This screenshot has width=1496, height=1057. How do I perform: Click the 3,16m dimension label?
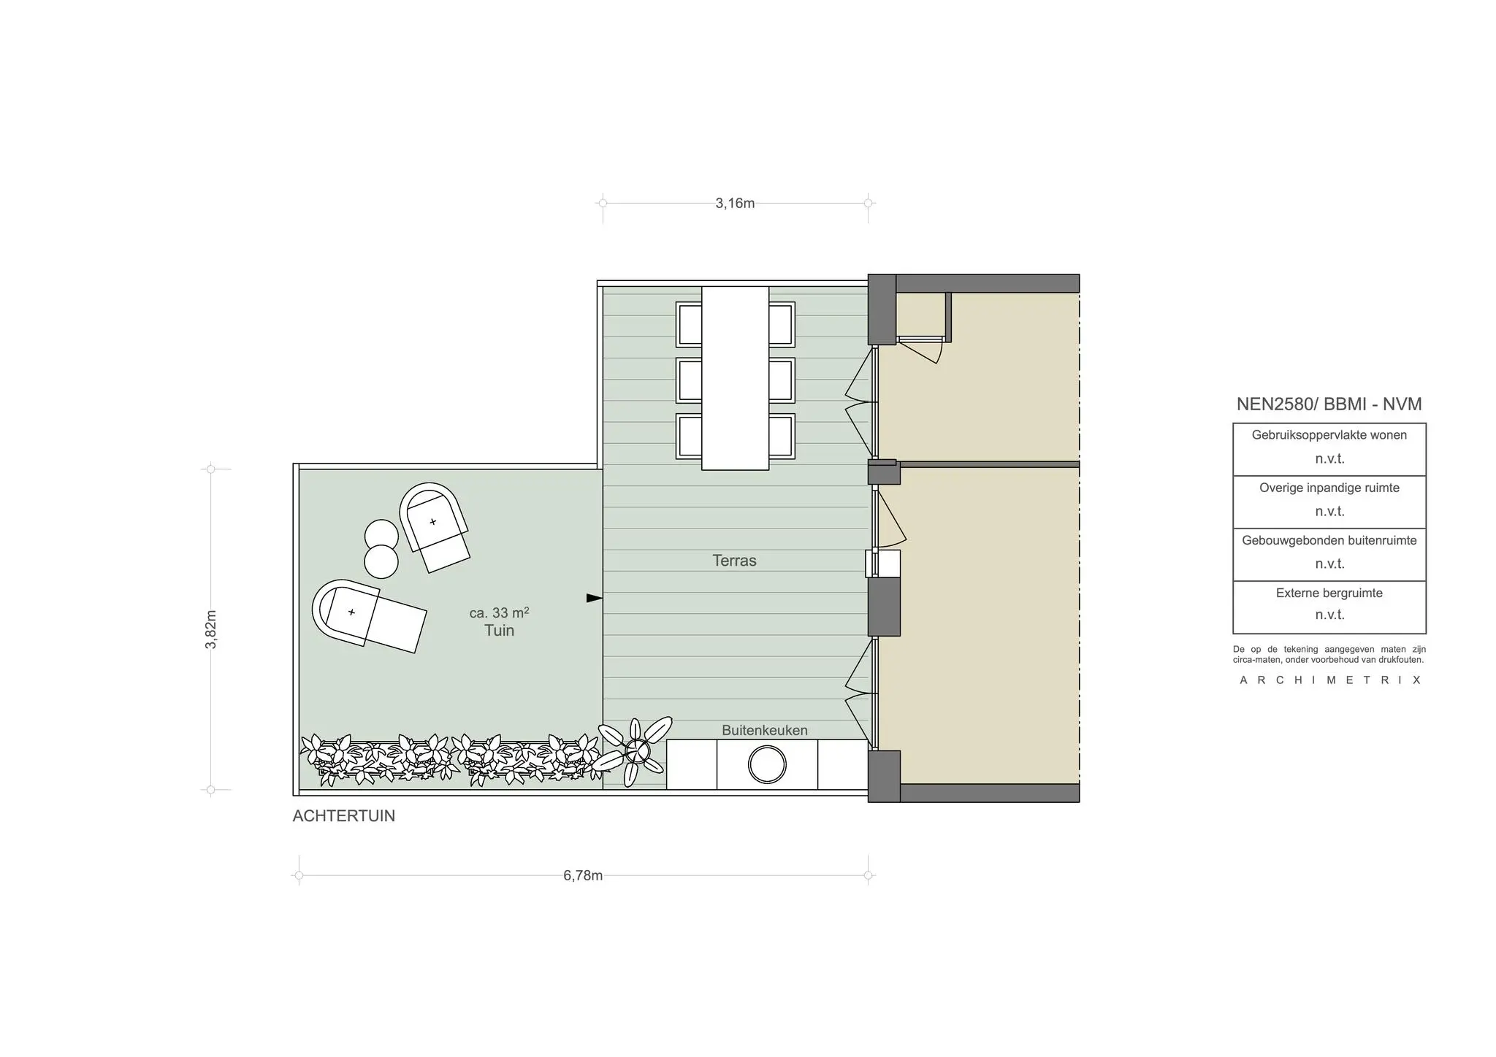coord(735,203)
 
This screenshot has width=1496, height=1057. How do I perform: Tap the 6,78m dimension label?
coord(583,875)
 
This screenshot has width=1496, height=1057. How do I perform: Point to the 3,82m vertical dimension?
coord(211,629)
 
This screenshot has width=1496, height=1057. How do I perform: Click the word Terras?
coord(734,561)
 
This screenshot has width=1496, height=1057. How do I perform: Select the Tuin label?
coord(499,631)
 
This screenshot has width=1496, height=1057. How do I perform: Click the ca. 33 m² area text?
coord(499,612)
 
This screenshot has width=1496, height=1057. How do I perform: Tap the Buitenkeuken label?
coord(765,730)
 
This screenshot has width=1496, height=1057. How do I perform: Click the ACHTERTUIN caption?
coord(343,816)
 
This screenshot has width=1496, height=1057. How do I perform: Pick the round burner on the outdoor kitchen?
coord(767,765)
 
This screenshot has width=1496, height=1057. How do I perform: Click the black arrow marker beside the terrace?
coord(595,599)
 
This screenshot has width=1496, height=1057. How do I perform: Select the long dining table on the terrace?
coord(735,378)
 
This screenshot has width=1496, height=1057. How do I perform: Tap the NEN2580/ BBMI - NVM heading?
coord(1329,404)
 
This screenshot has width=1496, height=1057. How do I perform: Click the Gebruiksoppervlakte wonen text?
coord(1329,435)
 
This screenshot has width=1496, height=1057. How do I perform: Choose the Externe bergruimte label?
coord(1329,593)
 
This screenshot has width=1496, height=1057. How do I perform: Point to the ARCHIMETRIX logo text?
coord(1329,680)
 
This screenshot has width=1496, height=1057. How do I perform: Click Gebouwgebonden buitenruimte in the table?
coord(1329,540)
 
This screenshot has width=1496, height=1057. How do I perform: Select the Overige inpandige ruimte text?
coord(1329,488)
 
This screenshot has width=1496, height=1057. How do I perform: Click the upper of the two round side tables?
coord(381,535)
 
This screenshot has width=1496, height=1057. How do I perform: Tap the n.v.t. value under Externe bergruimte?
coord(1329,615)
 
